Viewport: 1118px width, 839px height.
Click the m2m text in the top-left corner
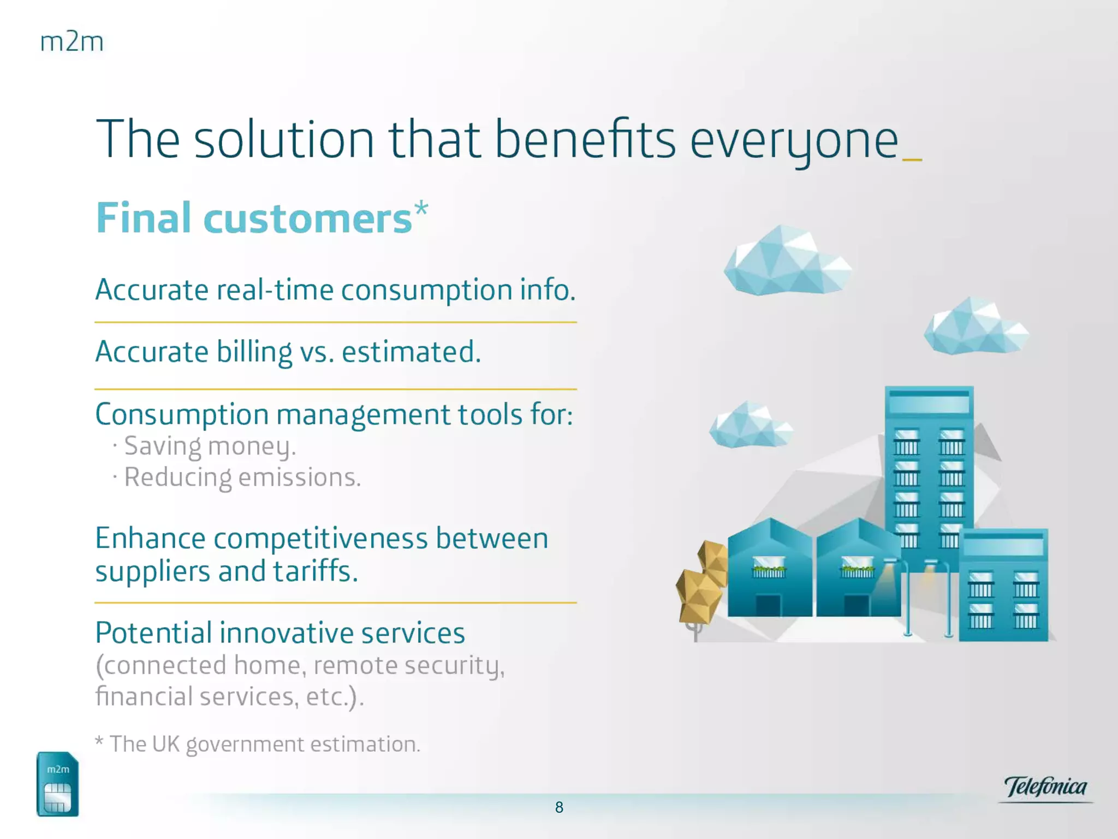72,42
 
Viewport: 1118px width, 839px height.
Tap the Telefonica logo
1045,788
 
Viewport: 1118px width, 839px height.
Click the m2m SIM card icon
57,784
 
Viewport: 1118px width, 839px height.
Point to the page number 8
559,807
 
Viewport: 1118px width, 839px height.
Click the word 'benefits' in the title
585,139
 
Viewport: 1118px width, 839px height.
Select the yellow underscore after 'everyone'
913,159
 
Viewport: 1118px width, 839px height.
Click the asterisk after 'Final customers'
421,209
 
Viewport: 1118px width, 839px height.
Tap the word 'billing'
254,352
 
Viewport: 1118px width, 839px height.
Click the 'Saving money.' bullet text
210,446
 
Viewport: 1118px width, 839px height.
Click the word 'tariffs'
315,571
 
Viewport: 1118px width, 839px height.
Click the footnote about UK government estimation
258,745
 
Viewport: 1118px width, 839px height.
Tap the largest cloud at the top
787,261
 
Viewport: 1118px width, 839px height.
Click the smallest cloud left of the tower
751,425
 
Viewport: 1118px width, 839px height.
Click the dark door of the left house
768,605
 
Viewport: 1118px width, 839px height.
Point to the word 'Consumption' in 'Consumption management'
182,415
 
